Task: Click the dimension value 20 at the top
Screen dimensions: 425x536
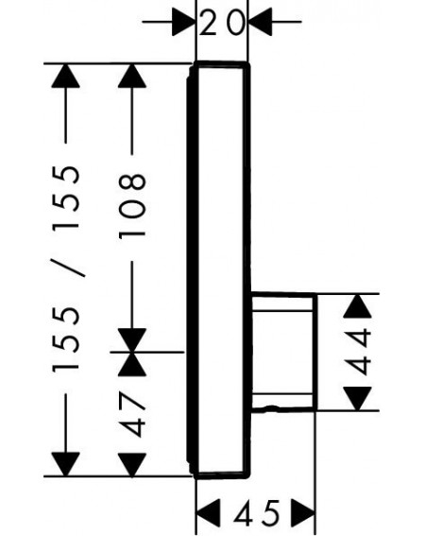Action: coord(222,23)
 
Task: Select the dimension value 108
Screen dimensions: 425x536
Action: coord(132,205)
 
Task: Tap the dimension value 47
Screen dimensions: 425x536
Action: coord(132,415)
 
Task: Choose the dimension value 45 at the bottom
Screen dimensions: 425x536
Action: coord(256,512)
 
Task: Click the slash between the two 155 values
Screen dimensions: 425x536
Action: coord(67,268)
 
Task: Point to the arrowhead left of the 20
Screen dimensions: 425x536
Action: coord(183,22)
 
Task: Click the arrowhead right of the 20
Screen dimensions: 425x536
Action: coord(261,22)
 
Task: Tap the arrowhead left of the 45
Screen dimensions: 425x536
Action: coord(208,512)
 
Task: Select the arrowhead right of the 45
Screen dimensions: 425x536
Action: coord(303,512)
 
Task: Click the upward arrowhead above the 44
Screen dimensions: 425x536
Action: coord(357,305)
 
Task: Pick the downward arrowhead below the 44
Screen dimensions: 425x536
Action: coord(357,399)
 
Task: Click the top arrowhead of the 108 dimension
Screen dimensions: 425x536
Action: coord(132,76)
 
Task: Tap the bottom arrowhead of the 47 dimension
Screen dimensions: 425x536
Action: coord(132,464)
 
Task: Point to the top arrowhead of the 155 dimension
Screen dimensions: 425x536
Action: coord(65,76)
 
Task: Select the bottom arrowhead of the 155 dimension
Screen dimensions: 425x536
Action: coord(65,464)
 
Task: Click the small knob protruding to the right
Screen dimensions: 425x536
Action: coord(284,352)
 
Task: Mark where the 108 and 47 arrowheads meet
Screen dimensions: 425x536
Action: coord(132,352)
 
